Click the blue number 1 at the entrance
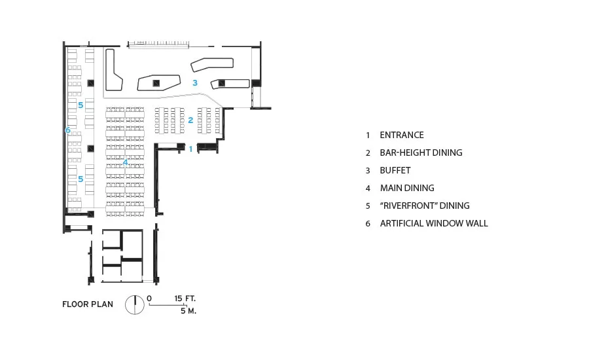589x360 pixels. (191, 149)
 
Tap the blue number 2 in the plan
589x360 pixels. (190, 120)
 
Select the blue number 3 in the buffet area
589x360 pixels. (195, 82)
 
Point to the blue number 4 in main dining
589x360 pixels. (125, 162)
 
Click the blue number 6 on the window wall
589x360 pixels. (67, 130)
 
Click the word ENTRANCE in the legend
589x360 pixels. (402, 135)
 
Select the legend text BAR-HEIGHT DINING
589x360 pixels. (421, 153)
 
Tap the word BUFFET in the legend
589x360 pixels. (395, 170)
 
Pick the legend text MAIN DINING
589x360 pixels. (407, 188)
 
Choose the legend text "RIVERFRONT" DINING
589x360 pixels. (425, 206)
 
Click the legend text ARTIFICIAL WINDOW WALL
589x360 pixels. (434, 223)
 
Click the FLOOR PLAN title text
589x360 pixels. (88, 304)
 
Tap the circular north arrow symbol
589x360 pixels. (135, 304)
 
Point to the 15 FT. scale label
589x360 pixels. (185, 298)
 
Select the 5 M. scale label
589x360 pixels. (188, 311)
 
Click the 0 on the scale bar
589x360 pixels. (149, 298)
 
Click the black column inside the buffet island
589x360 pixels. (156, 83)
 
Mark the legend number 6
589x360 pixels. (368, 224)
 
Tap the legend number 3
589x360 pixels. (368, 171)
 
